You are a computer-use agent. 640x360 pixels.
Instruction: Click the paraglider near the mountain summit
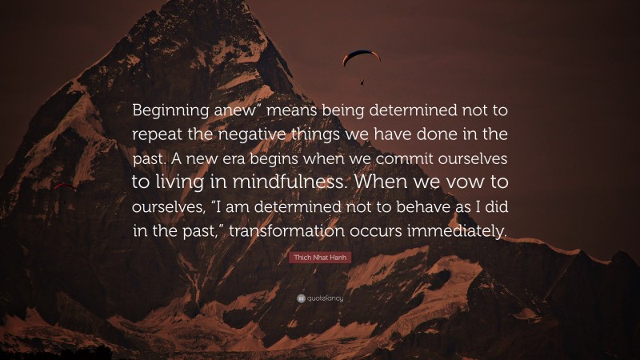point(362,58)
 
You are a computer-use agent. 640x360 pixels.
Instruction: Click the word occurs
point(395,230)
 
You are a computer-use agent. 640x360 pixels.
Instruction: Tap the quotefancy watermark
point(320,298)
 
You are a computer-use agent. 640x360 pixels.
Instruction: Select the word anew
point(233,109)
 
